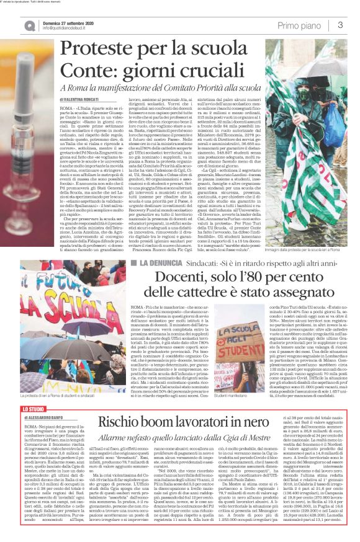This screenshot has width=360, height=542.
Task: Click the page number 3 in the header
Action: point(340,25)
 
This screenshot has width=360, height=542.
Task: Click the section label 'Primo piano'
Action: point(300,25)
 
